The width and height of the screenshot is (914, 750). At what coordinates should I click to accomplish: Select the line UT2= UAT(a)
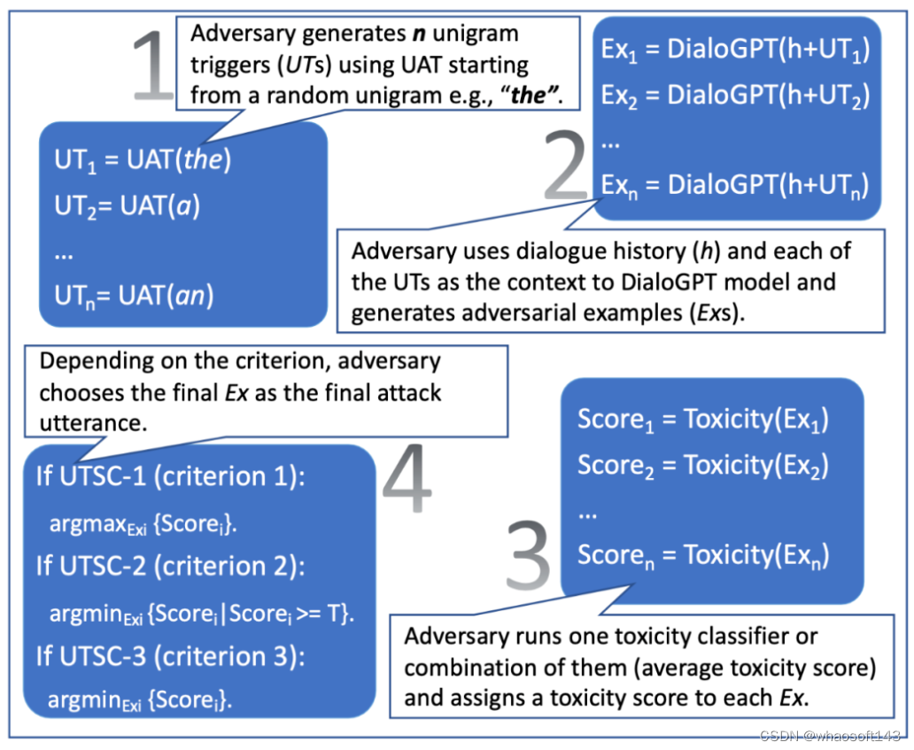(127, 209)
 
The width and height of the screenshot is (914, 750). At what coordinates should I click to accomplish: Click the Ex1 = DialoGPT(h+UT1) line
(735, 50)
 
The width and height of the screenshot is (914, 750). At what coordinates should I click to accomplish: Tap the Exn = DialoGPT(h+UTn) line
(735, 187)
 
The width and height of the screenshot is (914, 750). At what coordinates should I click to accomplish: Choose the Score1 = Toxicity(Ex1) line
(703, 419)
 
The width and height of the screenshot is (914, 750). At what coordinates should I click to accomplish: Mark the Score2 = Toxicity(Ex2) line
(703, 464)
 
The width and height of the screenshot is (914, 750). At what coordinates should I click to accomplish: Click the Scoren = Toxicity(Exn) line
(703, 556)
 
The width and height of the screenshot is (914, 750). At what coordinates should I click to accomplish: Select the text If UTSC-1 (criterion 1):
(170, 476)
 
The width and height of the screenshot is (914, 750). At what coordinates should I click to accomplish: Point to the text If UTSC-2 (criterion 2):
(170, 566)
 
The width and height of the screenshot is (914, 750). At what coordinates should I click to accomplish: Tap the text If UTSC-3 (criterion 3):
(170, 657)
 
